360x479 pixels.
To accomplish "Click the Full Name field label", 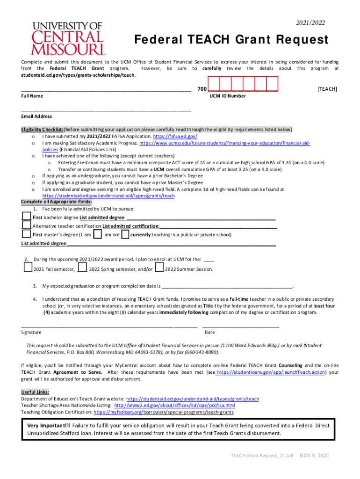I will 32,96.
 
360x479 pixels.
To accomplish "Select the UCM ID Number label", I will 227,96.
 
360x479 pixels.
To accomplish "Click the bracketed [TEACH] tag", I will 327,89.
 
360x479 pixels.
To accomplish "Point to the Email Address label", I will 36,116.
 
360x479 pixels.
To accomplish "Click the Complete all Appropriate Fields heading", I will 56,202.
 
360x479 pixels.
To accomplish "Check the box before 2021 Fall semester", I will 28,269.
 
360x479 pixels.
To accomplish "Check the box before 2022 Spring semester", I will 82,269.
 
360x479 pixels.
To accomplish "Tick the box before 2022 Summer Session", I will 159,269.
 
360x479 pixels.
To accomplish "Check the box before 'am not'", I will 98,234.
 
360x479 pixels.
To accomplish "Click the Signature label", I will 31,332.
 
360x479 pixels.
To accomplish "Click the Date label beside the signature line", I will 209,332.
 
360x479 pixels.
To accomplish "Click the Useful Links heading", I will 35,392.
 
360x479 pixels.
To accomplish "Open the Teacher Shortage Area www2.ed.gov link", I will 174,406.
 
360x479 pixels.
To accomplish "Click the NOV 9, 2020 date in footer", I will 315,456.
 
